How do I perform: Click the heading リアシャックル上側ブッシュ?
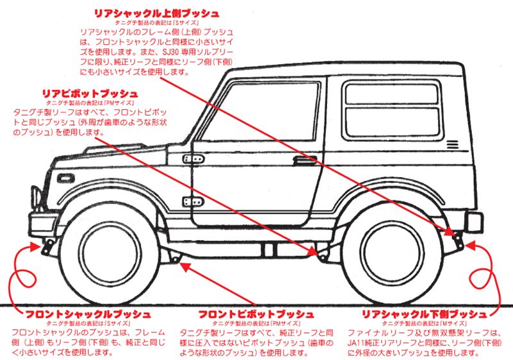click(x=156, y=13)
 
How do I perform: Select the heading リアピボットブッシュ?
click(x=89, y=94)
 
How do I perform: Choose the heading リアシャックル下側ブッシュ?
click(x=424, y=314)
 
